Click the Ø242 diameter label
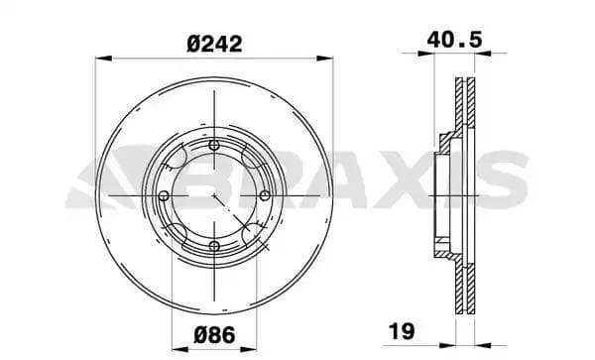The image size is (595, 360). tap(214, 43)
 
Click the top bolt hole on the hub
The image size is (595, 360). tap(215, 146)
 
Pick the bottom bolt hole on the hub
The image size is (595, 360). tap(215, 245)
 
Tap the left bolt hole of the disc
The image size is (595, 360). tap(162, 195)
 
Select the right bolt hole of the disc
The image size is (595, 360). tap(265, 195)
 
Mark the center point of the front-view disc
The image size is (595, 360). tap(214, 195)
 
